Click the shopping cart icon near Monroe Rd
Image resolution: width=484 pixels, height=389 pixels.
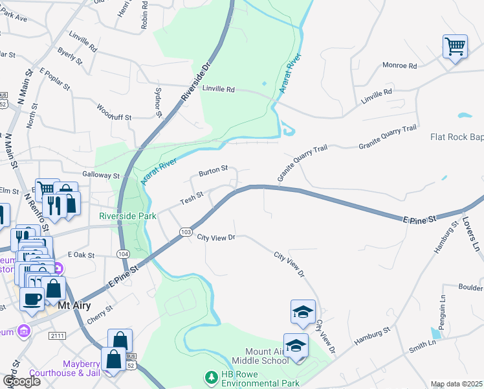[x=455, y=47]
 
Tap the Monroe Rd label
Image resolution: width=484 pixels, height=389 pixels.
[x=399, y=65]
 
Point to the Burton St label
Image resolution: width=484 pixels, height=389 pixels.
[x=213, y=171]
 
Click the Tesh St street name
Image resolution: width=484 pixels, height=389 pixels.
[x=192, y=197]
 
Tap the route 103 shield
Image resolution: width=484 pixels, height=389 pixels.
[x=186, y=231]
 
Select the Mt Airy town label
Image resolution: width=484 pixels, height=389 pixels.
[x=74, y=305]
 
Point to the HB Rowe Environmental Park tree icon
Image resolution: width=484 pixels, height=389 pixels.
[x=210, y=377]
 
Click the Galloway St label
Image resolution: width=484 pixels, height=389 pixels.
[x=101, y=176]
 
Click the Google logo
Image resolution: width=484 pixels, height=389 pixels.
[x=21, y=381]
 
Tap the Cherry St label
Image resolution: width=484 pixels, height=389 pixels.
[x=100, y=313]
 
